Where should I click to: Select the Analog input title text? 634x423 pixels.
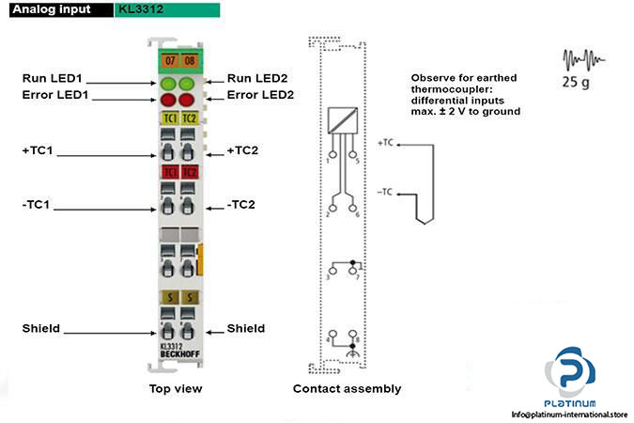(53, 9)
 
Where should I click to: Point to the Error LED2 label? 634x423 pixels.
(261, 96)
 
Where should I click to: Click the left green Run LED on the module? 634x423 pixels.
(169, 83)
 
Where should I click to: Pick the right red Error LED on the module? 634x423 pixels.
(188, 99)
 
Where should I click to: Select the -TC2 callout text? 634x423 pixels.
(243, 204)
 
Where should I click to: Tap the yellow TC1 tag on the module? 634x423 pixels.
(170, 118)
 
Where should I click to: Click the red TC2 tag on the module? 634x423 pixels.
(189, 172)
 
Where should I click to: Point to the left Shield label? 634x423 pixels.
(41, 328)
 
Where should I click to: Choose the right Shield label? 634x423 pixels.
(246, 328)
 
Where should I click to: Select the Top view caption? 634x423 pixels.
(176, 388)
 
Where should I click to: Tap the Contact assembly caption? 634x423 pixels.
(347, 388)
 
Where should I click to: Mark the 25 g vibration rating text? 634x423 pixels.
(576, 82)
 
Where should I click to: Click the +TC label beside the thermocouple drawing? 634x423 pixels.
(384, 144)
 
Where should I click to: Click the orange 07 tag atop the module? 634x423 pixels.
(169, 60)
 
